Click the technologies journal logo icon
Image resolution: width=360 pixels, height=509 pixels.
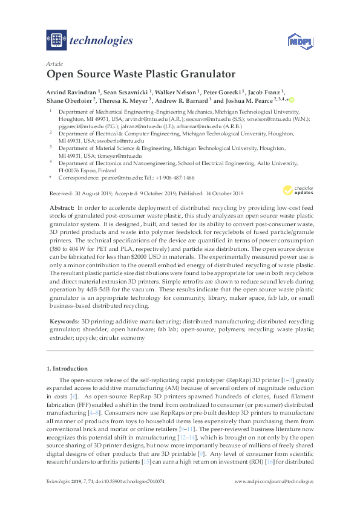click(56, 41)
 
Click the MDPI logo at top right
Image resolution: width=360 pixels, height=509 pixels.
click(298, 42)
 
